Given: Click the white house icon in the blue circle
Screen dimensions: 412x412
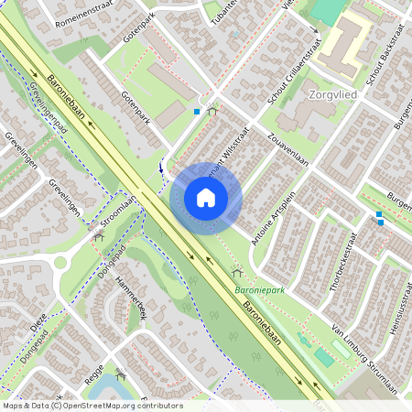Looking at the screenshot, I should pos(206,197).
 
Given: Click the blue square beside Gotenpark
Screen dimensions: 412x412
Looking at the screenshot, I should pos(197,112).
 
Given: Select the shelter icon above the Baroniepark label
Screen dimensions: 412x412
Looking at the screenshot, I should pos(237,272).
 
